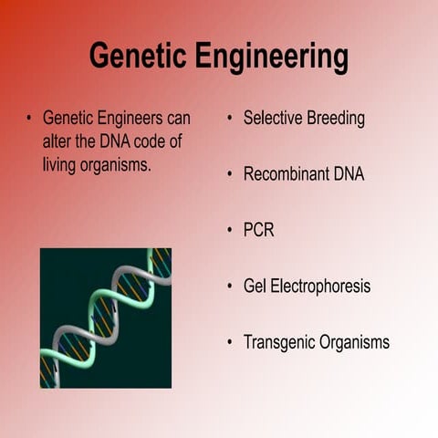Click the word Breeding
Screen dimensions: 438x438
point(337,119)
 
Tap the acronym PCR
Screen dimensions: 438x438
point(258,230)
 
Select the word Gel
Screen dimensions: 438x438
point(255,287)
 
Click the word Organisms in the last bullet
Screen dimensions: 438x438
point(355,343)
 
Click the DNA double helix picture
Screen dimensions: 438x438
point(105,318)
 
